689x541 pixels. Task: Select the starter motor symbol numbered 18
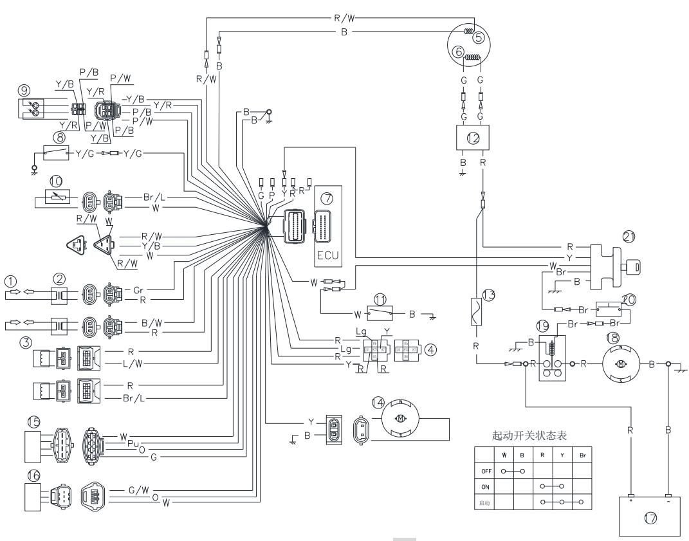(x=621, y=363)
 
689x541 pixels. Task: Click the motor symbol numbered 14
(x=401, y=419)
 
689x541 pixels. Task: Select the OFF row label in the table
(x=486, y=470)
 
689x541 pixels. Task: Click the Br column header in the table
(x=583, y=455)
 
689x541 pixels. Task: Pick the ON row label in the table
(x=486, y=486)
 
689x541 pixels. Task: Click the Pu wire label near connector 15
(x=133, y=443)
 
